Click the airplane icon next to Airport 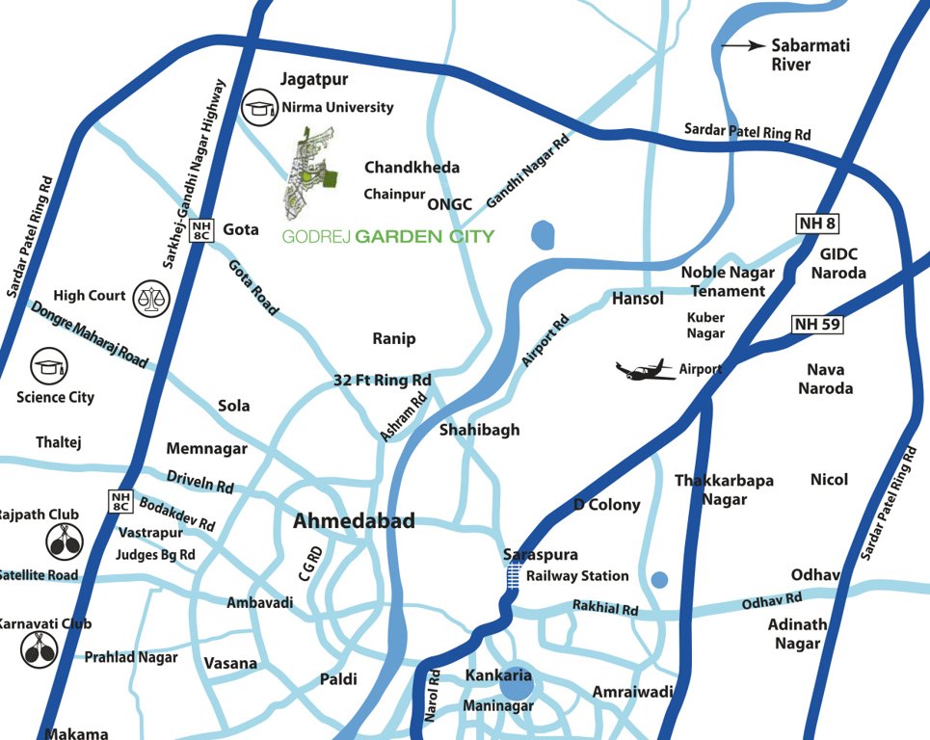[647, 370]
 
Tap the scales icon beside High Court [149, 296]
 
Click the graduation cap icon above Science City [48, 366]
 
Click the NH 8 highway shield [817, 225]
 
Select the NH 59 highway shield [817, 324]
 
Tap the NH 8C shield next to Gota [200, 229]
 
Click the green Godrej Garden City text [387, 236]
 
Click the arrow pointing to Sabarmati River [742, 45]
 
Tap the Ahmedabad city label [354, 521]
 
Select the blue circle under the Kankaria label [516, 685]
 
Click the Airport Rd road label [545, 340]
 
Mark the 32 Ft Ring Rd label [382, 380]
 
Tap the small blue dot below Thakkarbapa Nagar [659, 580]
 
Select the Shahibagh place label [479, 430]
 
